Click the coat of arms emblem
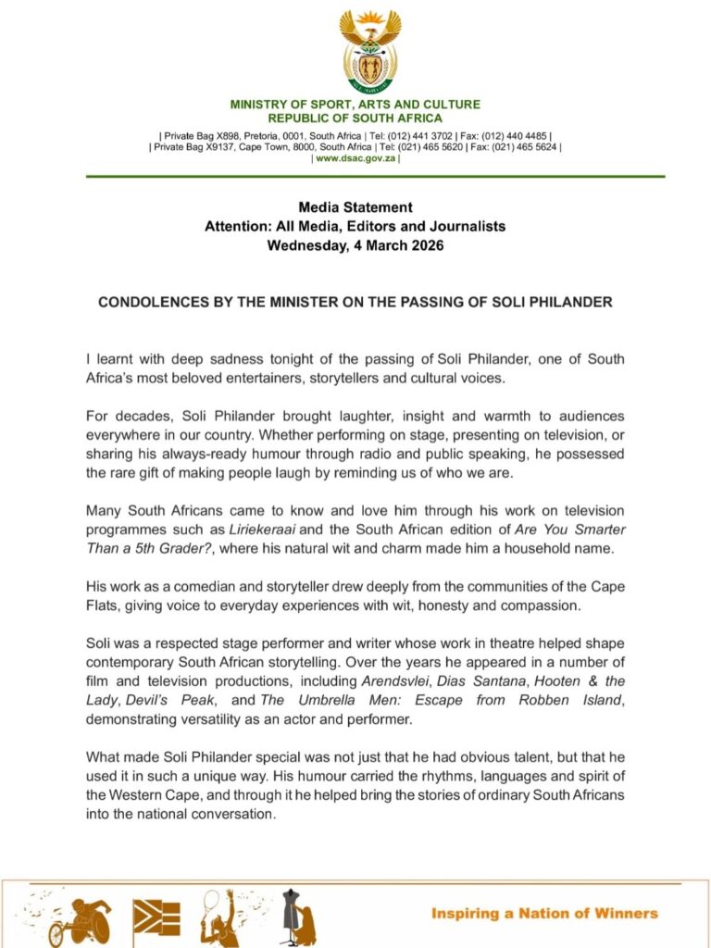pos(369,51)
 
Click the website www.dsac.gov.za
pos(355,159)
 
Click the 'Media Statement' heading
pos(355,207)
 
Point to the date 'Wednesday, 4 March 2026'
pos(355,246)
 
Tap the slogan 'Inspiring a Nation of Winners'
pos(544,913)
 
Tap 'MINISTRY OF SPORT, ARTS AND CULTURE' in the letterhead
pos(355,105)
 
